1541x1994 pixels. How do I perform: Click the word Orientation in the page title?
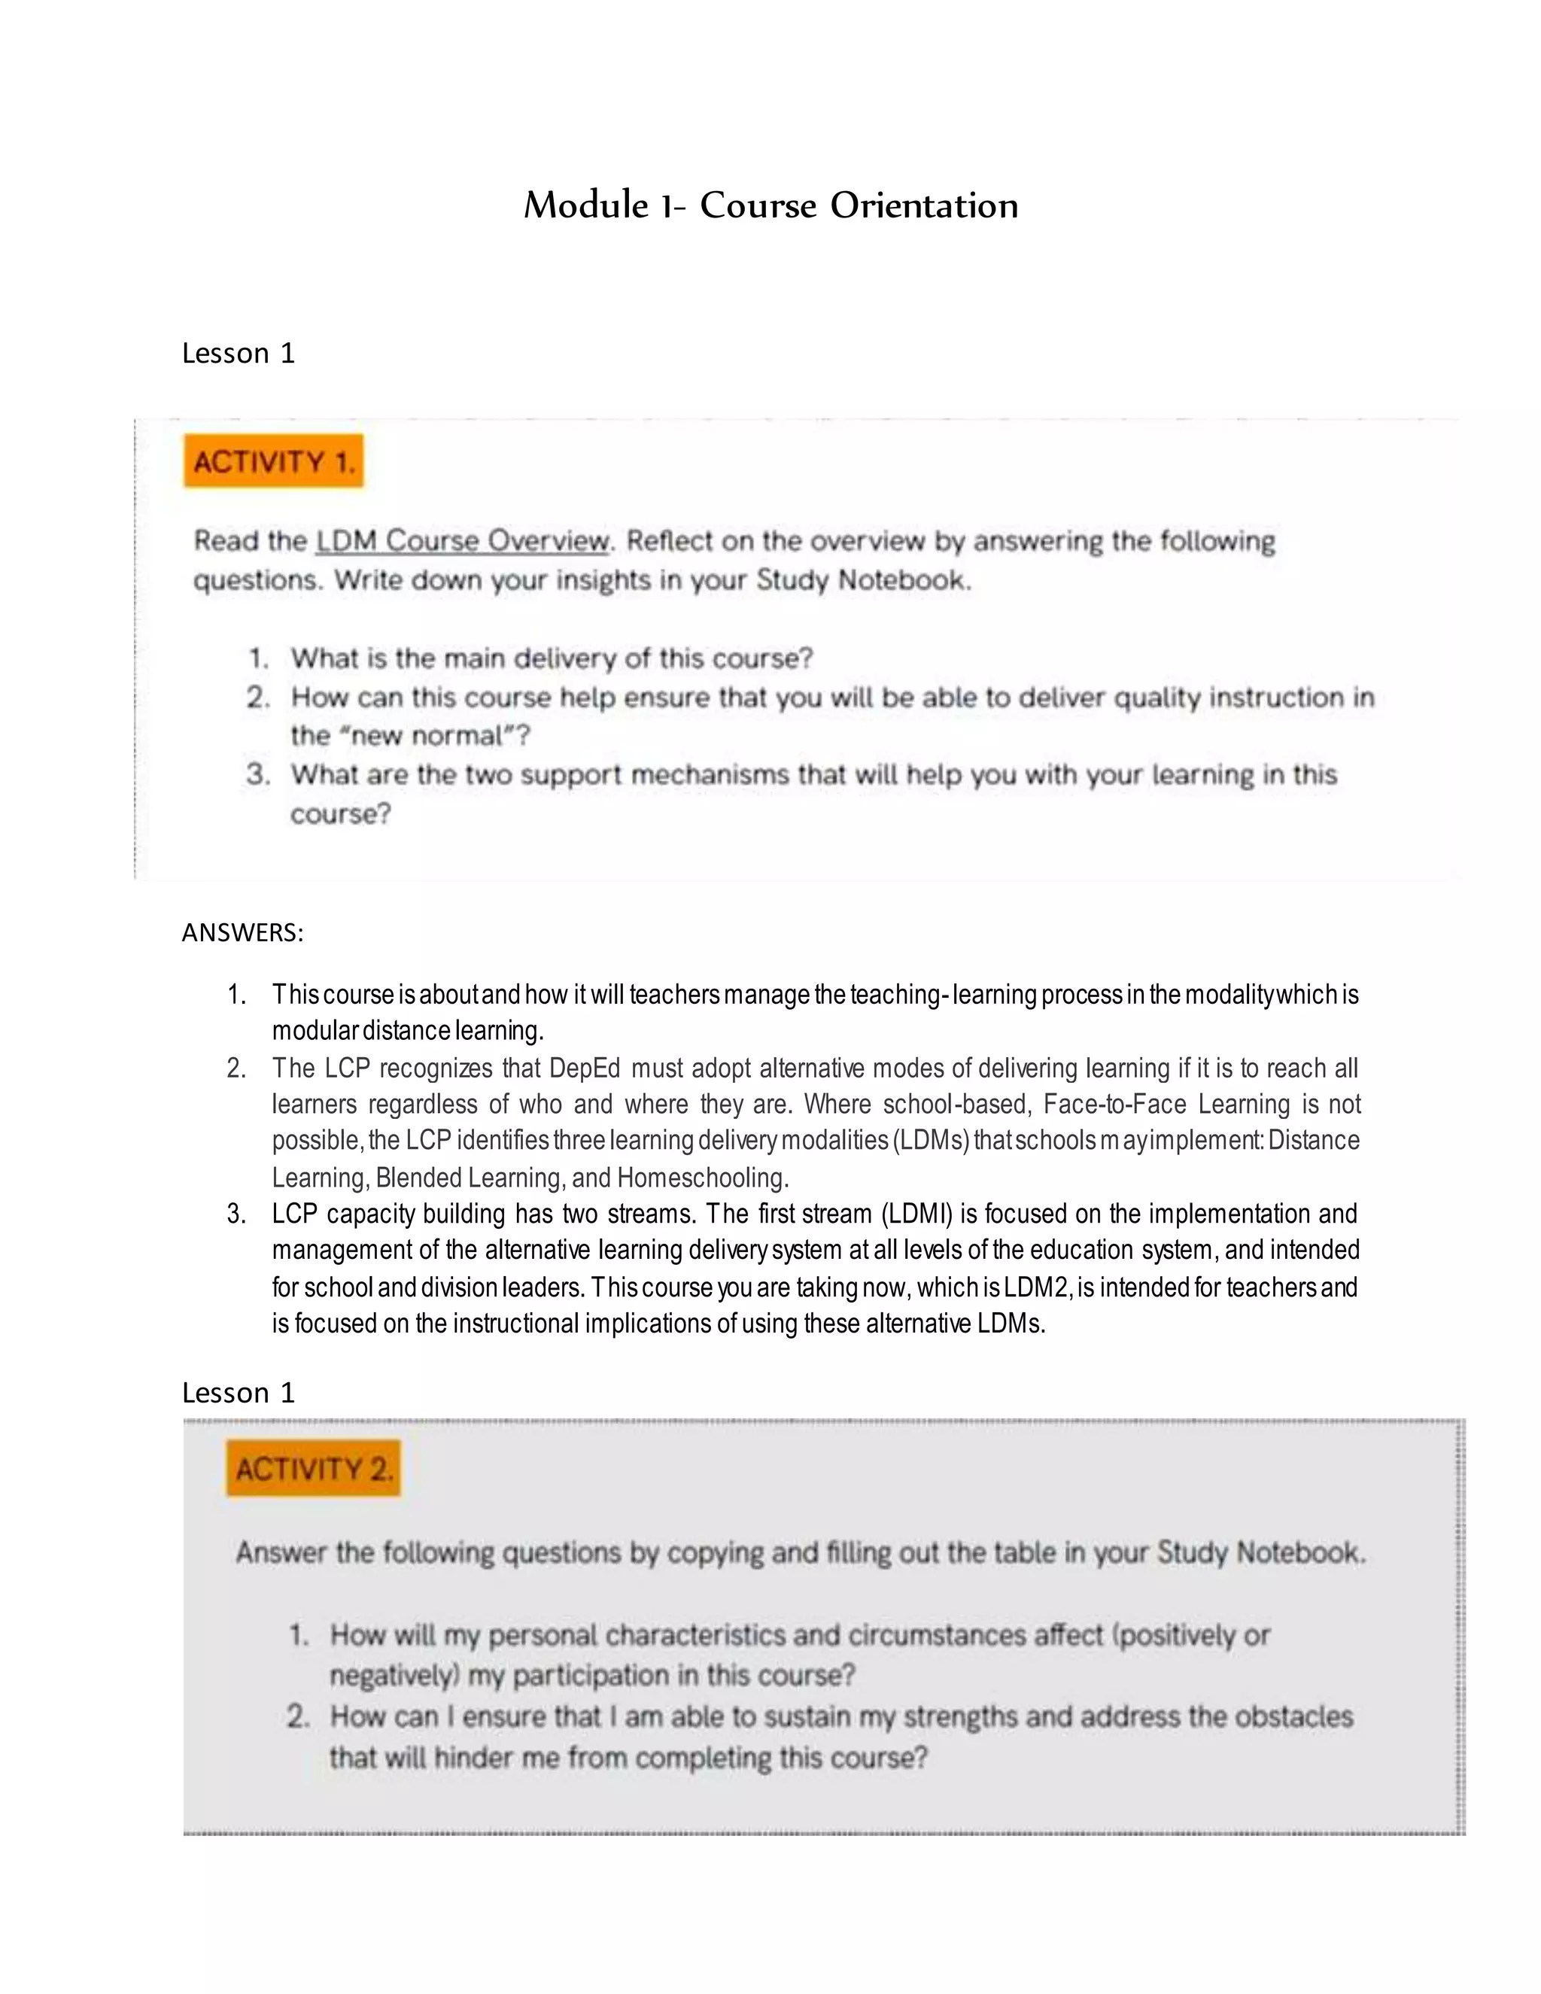[x=924, y=205]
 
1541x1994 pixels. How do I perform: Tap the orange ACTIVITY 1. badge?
[x=274, y=461]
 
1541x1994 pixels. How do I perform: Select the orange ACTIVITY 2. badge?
[x=314, y=1468]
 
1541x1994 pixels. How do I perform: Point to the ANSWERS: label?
[x=242, y=932]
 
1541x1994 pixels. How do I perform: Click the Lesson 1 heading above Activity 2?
[x=239, y=1392]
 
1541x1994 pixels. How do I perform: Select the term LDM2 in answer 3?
[x=1037, y=1287]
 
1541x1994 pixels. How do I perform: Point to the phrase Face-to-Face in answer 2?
[x=1114, y=1104]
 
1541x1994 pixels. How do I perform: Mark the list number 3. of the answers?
[x=236, y=1214]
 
